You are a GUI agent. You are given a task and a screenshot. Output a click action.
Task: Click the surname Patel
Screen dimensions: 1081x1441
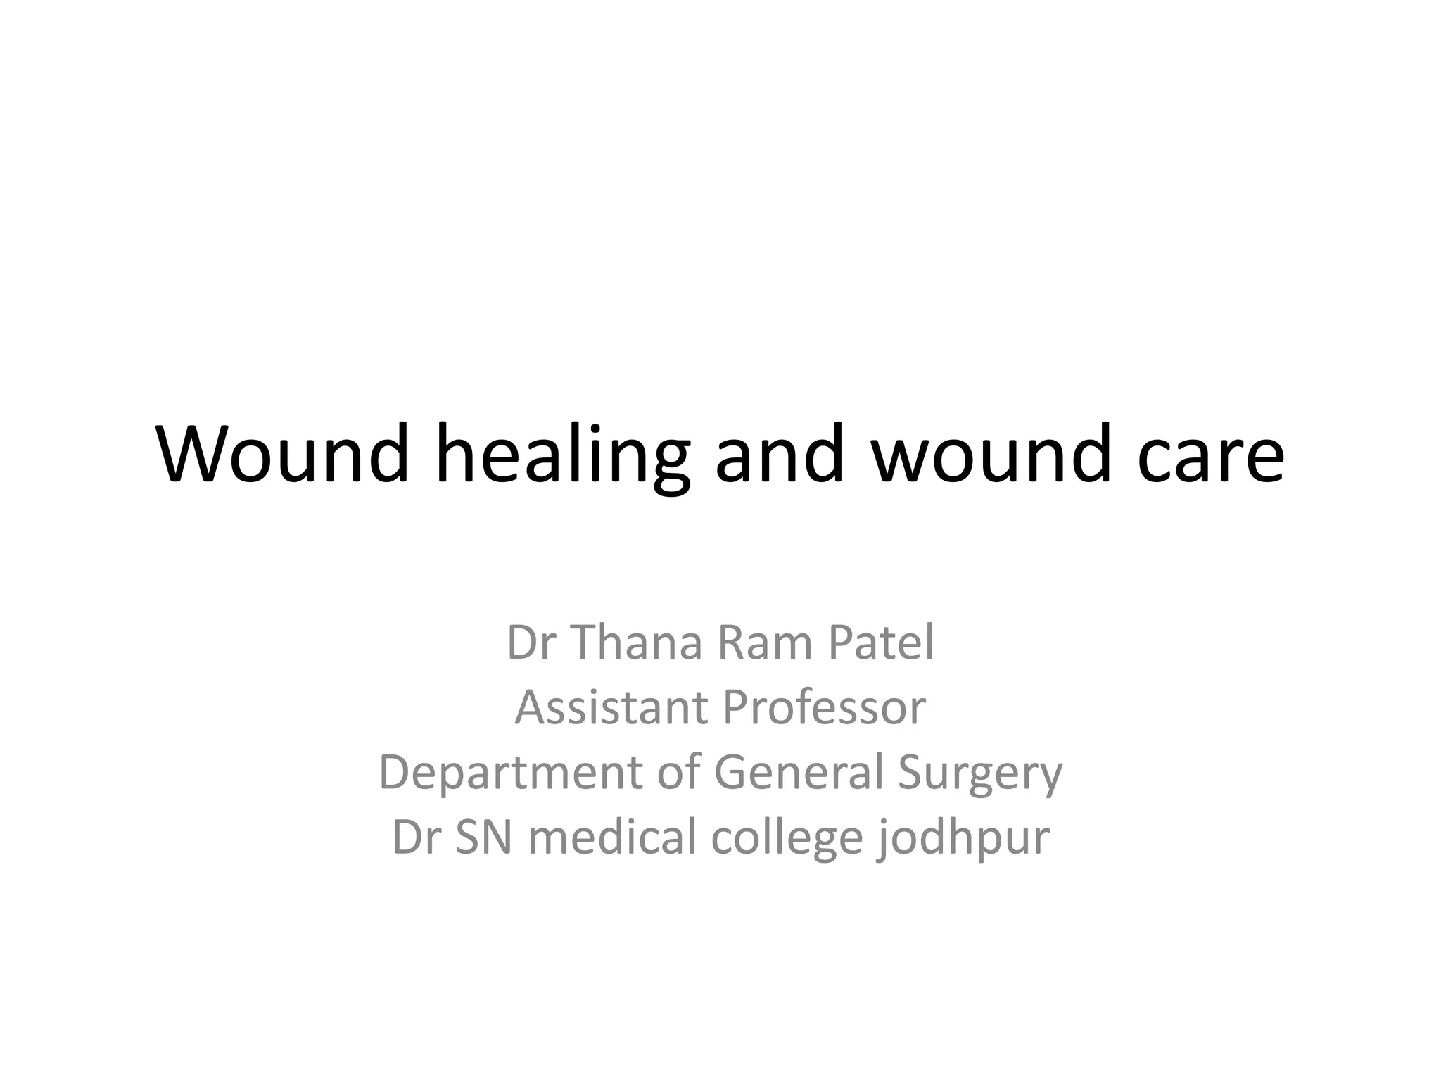(x=881, y=643)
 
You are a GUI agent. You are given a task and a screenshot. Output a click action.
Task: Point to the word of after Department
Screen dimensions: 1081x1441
(x=680, y=772)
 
